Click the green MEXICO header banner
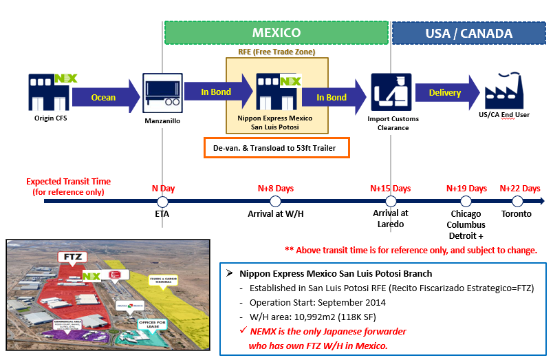pos(276,32)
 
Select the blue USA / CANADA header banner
pos(469,33)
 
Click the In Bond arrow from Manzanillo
pos(217,92)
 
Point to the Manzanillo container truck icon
pos(162,92)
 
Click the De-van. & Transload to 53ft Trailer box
pos(276,147)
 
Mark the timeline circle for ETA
pos(162,201)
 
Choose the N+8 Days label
pos(275,188)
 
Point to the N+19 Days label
pos(466,188)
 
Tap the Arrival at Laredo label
pos(391,219)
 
